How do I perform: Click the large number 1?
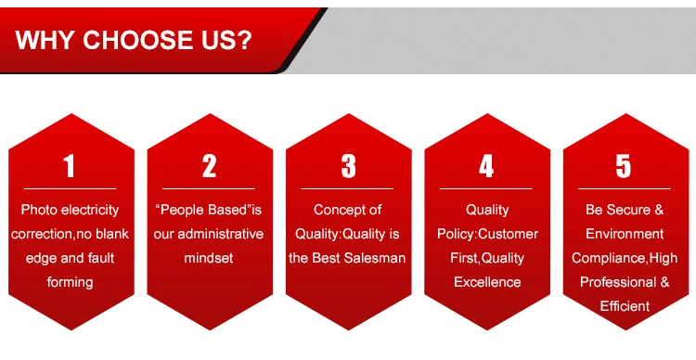[69, 166]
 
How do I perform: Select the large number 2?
[210, 166]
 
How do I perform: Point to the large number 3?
[348, 166]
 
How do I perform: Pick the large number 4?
[486, 166]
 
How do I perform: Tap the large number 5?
[624, 166]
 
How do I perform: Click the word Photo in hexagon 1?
[39, 210]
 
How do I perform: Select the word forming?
[71, 282]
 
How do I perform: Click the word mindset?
[209, 258]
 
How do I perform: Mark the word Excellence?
[487, 282]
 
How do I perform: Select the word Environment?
[625, 234]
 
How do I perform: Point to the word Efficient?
[625, 306]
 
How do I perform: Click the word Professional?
[614, 282]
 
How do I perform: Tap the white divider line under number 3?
[347, 188]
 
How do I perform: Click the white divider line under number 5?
[625, 188]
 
